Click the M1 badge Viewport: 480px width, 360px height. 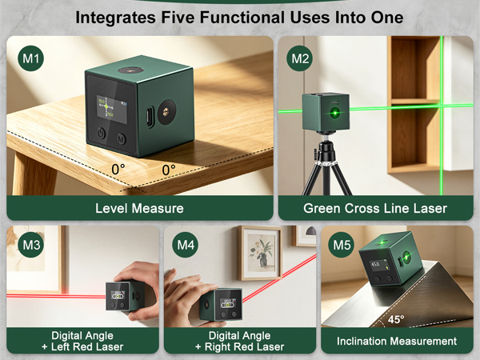[x=30, y=58]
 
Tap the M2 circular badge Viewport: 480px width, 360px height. [x=299, y=58]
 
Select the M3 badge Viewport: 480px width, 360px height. [x=31, y=245]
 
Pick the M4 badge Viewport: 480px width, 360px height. [x=186, y=245]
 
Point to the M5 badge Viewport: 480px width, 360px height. [x=342, y=245]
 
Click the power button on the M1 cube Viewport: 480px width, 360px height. [x=101, y=133]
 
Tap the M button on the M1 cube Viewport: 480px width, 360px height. [x=122, y=138]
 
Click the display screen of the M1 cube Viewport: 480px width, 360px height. [x=112, y=110]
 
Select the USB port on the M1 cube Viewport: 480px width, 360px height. [x=150, y=117]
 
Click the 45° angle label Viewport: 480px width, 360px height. [x=396, y=319]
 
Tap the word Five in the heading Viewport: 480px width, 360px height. [x=178, y=18]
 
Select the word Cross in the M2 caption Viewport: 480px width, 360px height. [x=362, y=208]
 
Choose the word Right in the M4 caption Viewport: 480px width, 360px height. [x=218, y=347]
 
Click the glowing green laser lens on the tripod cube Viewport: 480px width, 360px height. [x=335, y=113]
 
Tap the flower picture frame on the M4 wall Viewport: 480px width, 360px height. [x=260, y=253]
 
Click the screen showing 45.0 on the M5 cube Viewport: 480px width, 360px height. [x=378, y=265]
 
